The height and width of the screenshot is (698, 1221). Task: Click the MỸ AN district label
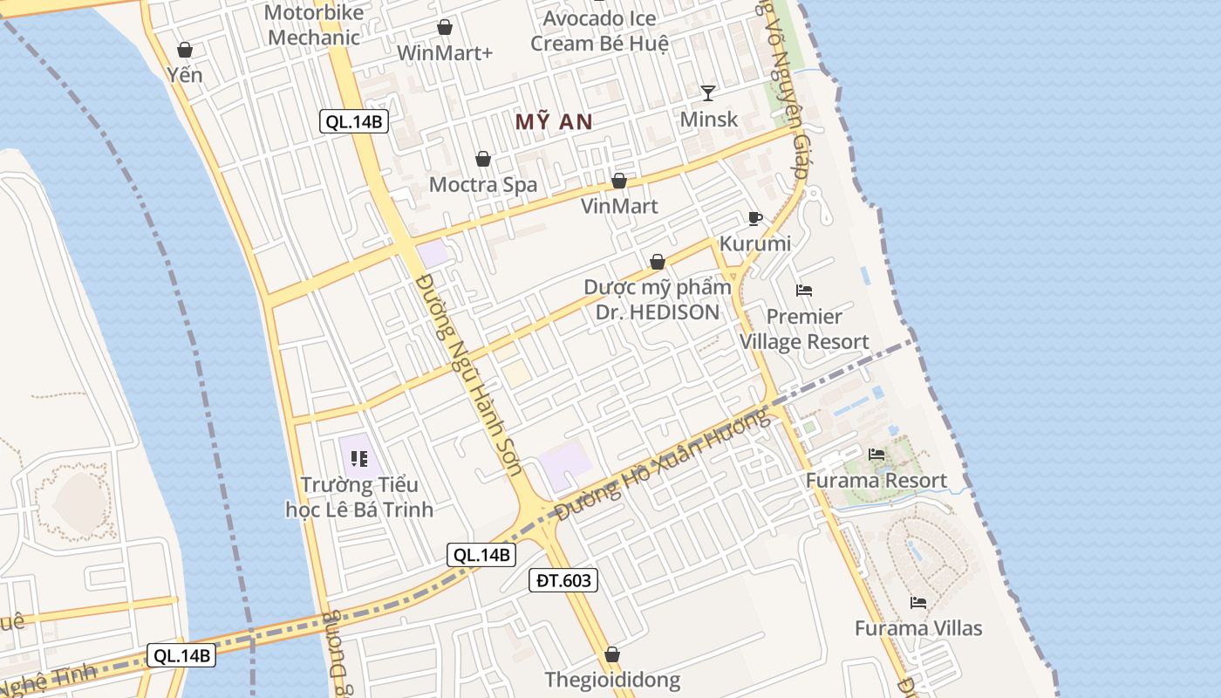pyautogui.click(x=554, y=122)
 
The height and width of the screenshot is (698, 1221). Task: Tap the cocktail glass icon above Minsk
pyautogui.click(x=708, y=92)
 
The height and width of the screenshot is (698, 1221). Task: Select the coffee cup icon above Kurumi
pyautogui.click(x=755, y=218)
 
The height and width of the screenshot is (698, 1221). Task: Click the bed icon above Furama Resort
pyautogui.click(x=877, y=455)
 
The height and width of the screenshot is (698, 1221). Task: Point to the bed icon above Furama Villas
pyautogui.click(x=918, y=602)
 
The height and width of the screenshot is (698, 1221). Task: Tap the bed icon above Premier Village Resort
pyautogui.click(x=804, y=291)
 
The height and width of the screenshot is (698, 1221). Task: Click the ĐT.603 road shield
pyautogui.click(x=563, y=580)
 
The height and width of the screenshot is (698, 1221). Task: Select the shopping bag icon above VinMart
pyautogui.click(x=619, y=181)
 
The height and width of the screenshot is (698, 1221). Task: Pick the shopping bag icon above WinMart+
pyautogui.click(x=445, y=28)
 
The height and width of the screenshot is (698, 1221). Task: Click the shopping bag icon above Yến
pyautogui.click(x=185, y=50)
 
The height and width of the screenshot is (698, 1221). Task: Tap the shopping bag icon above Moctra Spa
pyautogui.click(x=483, y=159)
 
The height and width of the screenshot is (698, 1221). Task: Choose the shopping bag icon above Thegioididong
pyautogui.click(x=612, y=654)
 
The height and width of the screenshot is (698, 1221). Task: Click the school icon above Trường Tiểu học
pyautogui.click(x=359, y=458)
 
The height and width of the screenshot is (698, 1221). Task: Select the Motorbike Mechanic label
pyautogui.click(x=314, y=25)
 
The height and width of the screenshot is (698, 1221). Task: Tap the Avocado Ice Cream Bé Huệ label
pyautogui.click(x=600, y=31)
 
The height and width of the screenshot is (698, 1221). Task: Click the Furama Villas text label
pyautogui.click(x=918, y=628)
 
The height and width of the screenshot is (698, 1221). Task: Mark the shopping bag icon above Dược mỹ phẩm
pyautogui.click(x=658, y=262)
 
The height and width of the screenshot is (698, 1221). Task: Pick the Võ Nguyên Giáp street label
pyautogui.click(x=788, y=96)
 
